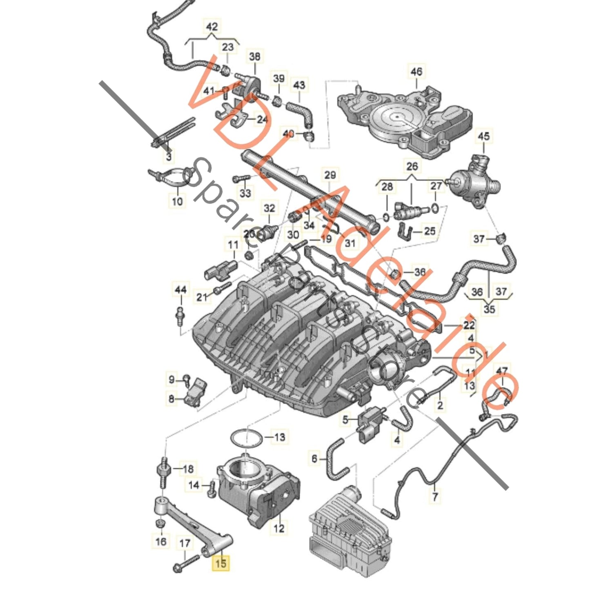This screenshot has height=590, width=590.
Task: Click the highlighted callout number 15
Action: pyautogui.click(x=220, y=563)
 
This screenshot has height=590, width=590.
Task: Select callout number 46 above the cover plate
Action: pyautogui.click(x=416, y=72)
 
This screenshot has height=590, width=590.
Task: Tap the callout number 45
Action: pyautogui.click(x=483, y=136)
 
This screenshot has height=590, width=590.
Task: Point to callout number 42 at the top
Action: pyautogui.click(x=212, y=27)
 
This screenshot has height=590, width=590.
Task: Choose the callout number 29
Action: pyautogui.click(x=330, y=175)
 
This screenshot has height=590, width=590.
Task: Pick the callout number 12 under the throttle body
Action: pyautogui.click(x=279, y=528)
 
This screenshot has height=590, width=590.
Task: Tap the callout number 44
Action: pyautogui.click(x=180, y=289)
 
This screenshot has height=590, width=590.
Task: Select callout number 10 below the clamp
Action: pyautogui.click(x=178, y=201)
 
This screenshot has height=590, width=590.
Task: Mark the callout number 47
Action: pyautogui.click(x=502, y=372)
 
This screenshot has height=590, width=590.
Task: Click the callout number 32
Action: pyautogui.click(x=269, y=208)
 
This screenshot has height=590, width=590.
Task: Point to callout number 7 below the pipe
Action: pyautogui.click(x=435, y=496)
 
